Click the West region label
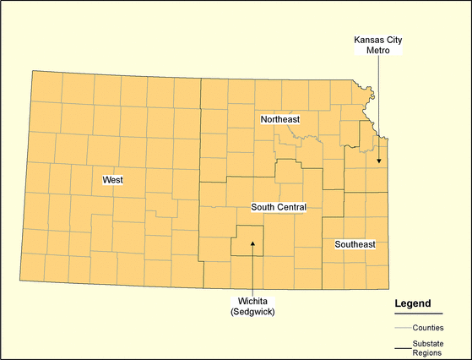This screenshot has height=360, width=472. coord(111,180)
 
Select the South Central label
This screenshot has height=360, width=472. coord(279,207)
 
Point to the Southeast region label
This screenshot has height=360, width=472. coord(355,244)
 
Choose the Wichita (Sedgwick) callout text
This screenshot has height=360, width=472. coord(253,306)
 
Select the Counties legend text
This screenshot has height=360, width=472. coord(428,327)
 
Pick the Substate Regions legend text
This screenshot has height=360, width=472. coord(429,347)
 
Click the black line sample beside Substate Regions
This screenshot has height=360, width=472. coord(402,347)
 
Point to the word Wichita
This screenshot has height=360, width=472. coord(253,301)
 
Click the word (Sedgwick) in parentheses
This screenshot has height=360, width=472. coord(253,312)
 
